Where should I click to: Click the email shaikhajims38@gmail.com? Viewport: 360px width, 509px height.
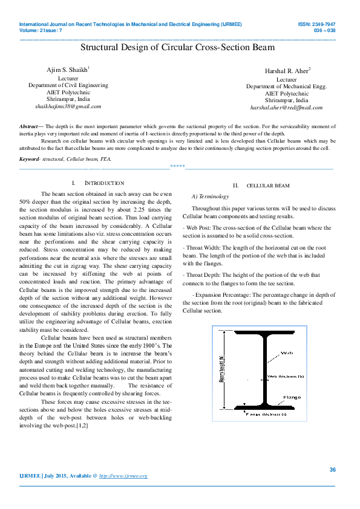click(67, 106)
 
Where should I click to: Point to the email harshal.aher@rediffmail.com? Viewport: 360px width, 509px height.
click(286, 108)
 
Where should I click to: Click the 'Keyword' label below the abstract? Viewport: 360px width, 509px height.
click(28, 158)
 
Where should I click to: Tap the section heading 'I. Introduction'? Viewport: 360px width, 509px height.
click(97, 183)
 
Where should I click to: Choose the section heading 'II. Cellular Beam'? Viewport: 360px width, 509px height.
click(261, 186)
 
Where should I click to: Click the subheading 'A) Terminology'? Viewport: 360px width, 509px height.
click(209, 196)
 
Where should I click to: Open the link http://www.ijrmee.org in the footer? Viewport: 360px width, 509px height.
click(123, 476)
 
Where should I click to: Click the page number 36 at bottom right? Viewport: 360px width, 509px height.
click(332, 470)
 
